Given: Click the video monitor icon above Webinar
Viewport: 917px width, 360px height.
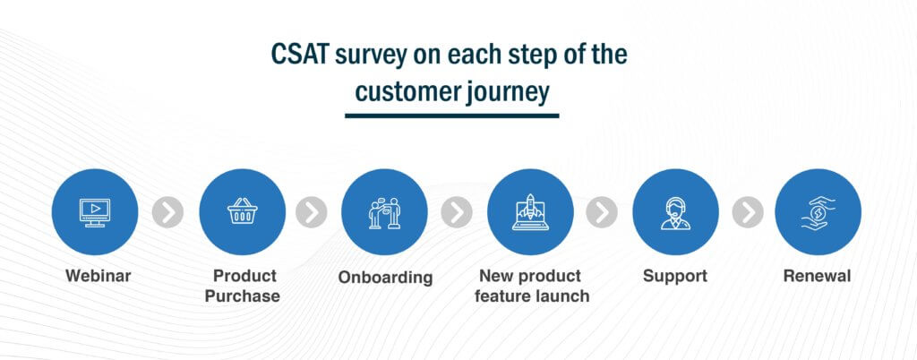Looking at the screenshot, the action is coord(95,212).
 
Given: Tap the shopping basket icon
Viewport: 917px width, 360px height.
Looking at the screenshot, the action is coord(242,210).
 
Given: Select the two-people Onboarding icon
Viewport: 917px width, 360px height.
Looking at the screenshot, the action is coord(384,213).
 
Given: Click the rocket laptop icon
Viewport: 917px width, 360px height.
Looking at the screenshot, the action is coord(530,212).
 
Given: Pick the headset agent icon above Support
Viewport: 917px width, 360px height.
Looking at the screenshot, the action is coord(675,213).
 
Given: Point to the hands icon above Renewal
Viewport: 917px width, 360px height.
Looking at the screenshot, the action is coord(818,213).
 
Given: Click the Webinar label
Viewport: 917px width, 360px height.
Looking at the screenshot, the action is coord(99,276).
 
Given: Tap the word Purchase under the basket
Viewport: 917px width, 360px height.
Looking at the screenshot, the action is coord(242,296).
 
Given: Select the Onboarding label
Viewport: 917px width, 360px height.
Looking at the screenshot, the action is coord(385,277).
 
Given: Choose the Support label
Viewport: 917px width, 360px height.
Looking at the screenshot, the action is coord(675,277).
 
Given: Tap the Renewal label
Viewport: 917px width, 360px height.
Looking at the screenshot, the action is coord(818,276).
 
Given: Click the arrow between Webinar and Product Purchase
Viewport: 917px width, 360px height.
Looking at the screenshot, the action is coord(167,212).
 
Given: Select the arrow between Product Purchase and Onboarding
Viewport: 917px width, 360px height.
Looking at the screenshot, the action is coord(311,212).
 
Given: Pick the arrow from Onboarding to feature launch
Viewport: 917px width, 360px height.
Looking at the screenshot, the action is coord(457,212).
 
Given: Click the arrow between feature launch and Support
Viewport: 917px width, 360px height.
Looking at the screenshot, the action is coord(602,212).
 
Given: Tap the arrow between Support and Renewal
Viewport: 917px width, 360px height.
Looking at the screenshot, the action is coord(748,212).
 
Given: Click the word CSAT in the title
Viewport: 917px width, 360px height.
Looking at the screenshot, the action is coord(300,55).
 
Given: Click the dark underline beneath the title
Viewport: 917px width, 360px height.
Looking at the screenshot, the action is coord(451,116).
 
